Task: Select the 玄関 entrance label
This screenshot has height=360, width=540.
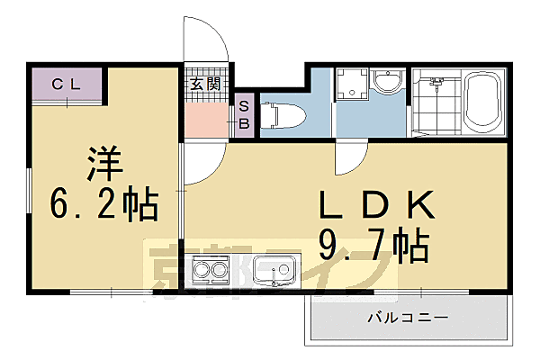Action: click(205, 85)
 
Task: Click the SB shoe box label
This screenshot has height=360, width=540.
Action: click(244, 115)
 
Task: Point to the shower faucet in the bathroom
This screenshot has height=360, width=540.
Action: click(438, 83)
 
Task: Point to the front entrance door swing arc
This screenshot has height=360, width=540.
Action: click(205, 40)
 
